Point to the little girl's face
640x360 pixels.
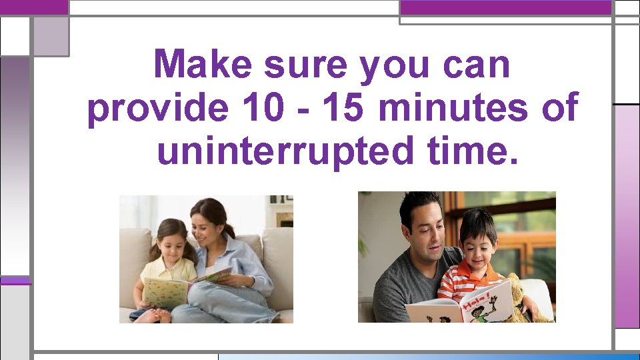(172, 241)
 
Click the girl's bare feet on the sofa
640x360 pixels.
(150, 315)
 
